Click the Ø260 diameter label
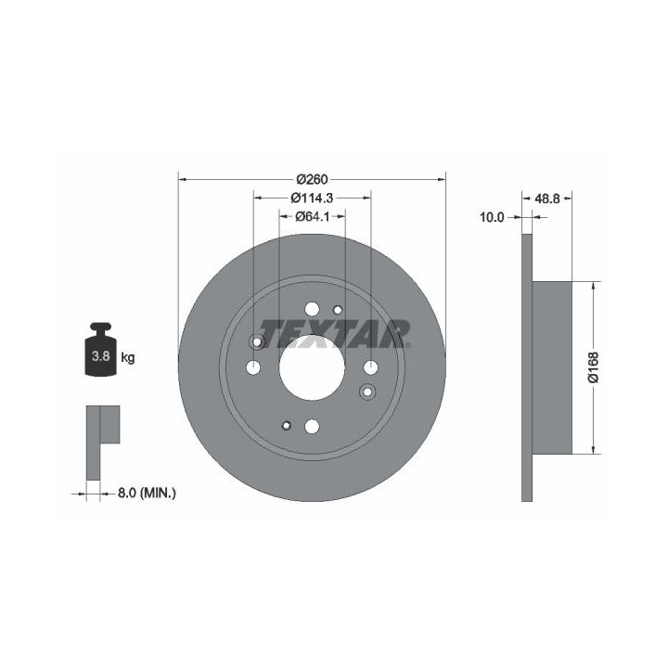click(313, 179)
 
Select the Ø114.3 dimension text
click(312, 198)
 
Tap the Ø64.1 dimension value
click(313, 216)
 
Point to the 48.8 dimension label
click(547, 199)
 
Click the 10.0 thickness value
click(492, 217)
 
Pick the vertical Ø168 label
click(594, 367)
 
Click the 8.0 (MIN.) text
click(147, 494)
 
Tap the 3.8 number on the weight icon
click(101, 355)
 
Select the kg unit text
click(128, 357)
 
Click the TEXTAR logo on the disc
click(334, 334)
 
